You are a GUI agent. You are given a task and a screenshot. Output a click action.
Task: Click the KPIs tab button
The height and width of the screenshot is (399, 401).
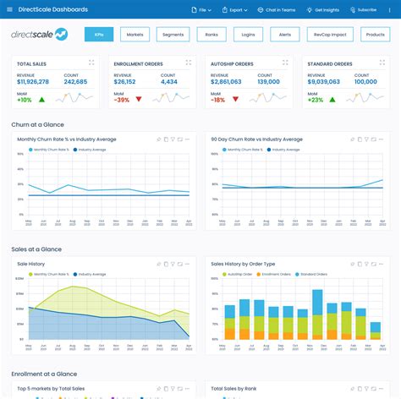click(x=99, y=35)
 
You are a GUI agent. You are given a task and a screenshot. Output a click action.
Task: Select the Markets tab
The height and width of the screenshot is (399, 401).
click(x=135, y=35)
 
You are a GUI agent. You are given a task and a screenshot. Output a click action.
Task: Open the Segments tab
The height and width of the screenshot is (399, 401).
click(x=173, y=35)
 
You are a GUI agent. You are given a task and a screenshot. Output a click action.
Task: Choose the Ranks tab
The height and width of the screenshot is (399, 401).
click(x=211, y=35)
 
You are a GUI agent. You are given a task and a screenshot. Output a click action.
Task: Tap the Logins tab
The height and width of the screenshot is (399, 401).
click(x=249, y=35)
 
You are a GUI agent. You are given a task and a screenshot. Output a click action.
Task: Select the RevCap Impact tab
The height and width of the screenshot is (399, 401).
click(x=329, y=35)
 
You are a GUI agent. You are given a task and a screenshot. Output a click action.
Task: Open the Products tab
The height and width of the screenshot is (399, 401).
click(x=373, y=35)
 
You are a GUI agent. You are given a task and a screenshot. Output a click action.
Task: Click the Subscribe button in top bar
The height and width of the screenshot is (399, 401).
click(x=363, y=9)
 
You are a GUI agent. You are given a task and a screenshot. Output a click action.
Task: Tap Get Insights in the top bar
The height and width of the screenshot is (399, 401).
click(x=323, y=9)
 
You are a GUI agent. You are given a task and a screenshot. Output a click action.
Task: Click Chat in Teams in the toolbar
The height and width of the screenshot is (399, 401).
click(x=277, y=9)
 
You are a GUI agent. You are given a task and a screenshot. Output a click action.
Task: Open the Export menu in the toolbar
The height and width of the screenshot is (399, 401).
click(x=234, y=9)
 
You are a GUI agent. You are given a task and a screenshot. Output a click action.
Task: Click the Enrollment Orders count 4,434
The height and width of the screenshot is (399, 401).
click(x=168, y=82)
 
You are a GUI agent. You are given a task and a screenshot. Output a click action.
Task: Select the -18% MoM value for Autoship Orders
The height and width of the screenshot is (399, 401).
click(x=217, y=99)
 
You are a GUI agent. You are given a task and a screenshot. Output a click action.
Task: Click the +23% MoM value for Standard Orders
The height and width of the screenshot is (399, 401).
click(x=315, y=99)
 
